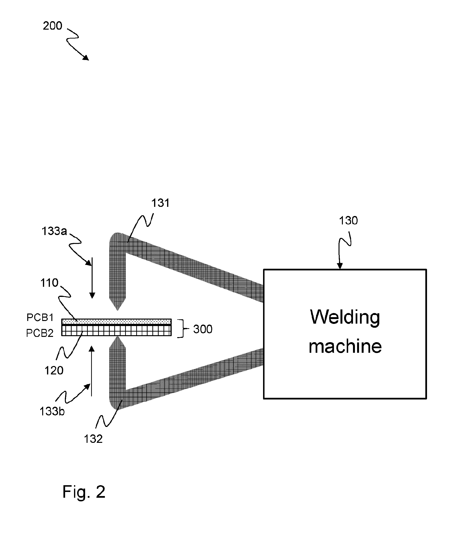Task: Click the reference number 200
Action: [x=53, y=26]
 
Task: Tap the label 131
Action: [x=160, y=203]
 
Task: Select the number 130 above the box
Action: [x=348, y=221]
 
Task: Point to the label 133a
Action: [x=54, y=231]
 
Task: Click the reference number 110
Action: [x=49, y=283]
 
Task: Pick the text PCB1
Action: [x=40, y=317]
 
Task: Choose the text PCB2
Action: [x=40, y=333]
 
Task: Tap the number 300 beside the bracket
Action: [x=203, y=329]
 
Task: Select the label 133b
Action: [x=52, y=412]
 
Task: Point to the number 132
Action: [x=93, y=439]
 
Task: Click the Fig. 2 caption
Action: [x=84, y=492]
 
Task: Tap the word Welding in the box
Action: [x=345, y=318]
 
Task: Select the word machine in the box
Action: [x=345, y=346]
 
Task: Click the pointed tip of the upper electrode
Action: [x=117, y=310]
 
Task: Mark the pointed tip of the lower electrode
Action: [x=117, y=337]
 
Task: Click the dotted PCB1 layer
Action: [x=116, y=322]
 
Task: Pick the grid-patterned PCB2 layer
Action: [x=116, y=330]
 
